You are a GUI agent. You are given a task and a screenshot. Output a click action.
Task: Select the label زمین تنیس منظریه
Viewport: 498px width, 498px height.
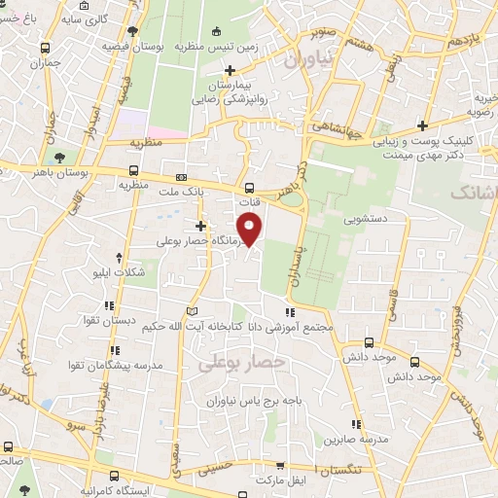[x=217, y=47]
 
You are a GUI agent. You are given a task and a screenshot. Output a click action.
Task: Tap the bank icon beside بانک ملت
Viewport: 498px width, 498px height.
[x=182, y=178]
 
